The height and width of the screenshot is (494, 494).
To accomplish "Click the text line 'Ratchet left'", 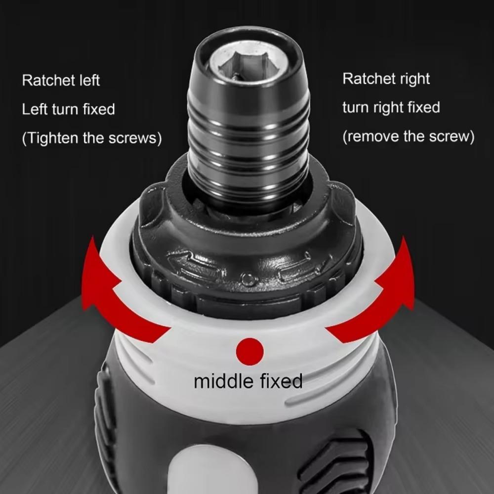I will pos(61,81).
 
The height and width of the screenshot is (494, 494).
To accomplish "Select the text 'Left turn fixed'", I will pos(68,109).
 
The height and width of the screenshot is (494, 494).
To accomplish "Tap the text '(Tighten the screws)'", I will pos(92,138).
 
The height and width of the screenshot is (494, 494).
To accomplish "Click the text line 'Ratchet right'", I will pos(386,79).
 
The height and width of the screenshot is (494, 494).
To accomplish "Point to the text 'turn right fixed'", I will pos(391,108).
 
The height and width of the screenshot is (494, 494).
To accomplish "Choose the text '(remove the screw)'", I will pos(408,136).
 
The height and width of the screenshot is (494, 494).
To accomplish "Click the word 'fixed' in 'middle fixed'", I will pos(280,381).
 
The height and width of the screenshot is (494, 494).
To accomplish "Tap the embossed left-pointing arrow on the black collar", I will pos(195,267).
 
